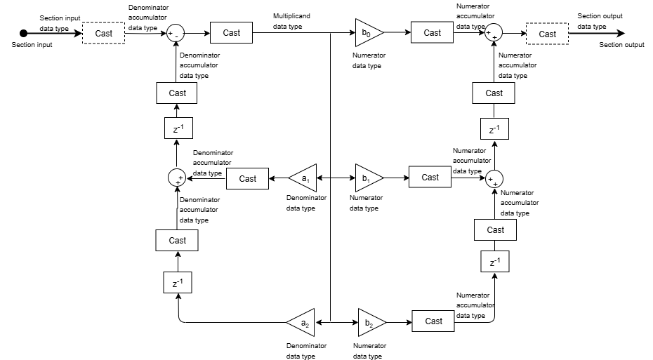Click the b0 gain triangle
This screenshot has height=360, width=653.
(368, 32)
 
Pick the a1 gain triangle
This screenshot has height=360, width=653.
(304, 178)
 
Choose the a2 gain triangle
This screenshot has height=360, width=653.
(302, 323)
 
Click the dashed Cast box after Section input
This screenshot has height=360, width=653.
(103, 34)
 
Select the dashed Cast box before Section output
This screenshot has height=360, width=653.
(547, 34)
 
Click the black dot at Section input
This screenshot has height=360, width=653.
(23, 33)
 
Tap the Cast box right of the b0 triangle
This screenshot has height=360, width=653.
(432, 32)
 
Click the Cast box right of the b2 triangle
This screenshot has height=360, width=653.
(433, 321)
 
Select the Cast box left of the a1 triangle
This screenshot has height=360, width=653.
(247, 178)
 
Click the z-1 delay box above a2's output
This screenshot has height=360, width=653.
(178, 283)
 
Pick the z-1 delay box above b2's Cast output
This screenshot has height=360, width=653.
(494, 262)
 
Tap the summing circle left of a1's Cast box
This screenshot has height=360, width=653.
(177, 178)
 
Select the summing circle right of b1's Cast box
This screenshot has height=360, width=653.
(495, 178)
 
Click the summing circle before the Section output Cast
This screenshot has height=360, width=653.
(494, 34)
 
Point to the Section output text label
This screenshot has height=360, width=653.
(621, 45)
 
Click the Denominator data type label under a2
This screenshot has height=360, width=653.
(306, 351)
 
